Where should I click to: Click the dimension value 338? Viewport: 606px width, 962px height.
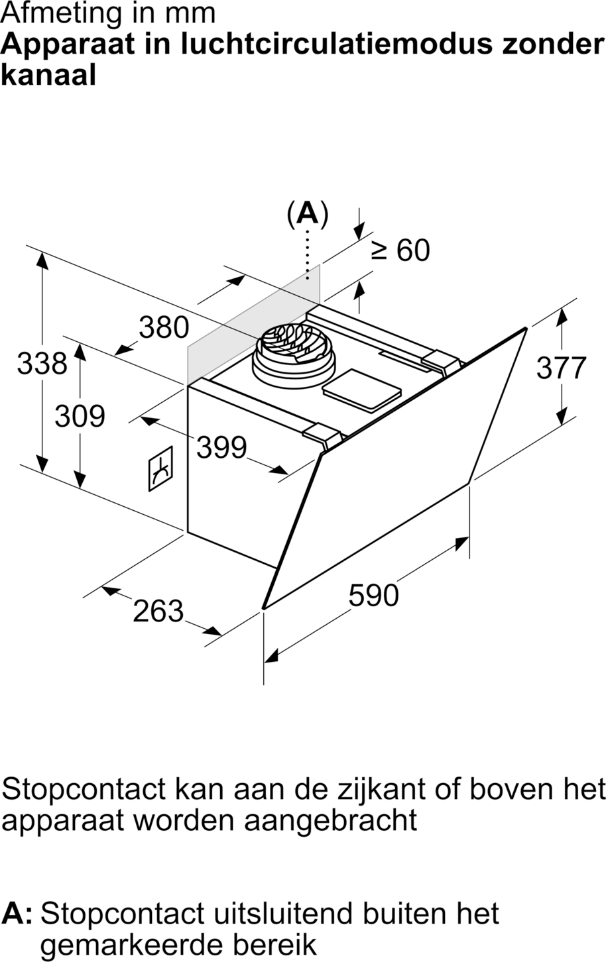point(42,363)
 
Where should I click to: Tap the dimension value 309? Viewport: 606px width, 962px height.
point(80,416)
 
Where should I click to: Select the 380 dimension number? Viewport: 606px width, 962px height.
point(164,327)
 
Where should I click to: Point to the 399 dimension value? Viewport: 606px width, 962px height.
point(221,447)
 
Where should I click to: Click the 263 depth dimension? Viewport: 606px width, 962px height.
point(158,611)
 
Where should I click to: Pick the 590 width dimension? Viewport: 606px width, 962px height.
point(373,595)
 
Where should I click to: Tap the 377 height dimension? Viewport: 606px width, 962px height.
point(562,368)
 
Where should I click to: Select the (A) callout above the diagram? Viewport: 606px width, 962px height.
point(308,213)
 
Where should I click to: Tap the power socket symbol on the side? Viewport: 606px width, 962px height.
point(160,468)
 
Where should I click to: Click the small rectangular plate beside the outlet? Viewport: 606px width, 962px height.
point(361,390)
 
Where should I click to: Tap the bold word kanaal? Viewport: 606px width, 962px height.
point(48,76)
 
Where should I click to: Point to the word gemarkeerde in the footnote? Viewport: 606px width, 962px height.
point(130,946)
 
